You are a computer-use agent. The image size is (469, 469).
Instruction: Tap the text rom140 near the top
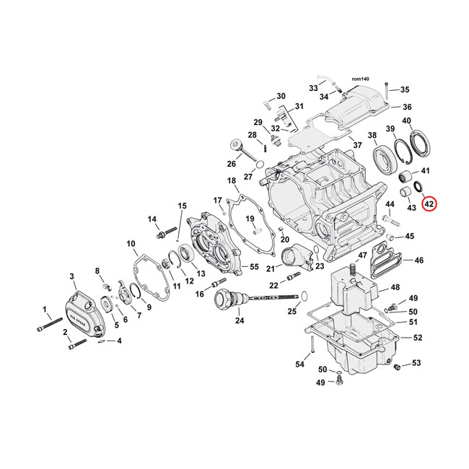click(360, 78)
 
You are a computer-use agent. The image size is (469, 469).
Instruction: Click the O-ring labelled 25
click(303, 295)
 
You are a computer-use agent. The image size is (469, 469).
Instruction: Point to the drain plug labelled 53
click(396, 368)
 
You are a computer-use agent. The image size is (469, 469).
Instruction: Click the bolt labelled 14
click(165, 234)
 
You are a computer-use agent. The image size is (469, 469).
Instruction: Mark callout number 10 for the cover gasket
click(131, 243)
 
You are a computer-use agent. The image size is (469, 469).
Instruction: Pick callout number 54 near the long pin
click(299, 364)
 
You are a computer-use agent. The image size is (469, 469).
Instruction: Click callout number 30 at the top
click(281, 96)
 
